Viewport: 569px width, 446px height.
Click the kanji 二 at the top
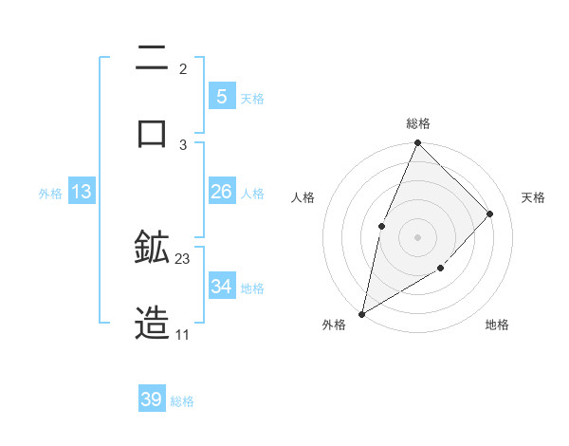(x=152, y=60)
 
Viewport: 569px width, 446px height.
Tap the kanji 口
(x=152, y=132)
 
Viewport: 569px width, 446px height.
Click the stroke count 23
(x=183, y=258)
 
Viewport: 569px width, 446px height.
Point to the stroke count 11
(x=182, y=334)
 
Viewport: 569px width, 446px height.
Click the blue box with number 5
(x=221, y=97)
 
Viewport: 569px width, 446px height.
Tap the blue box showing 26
(x=221, y=192)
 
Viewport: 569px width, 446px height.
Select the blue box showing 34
(x=221, y=287)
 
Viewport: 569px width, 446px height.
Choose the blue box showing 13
(x=82, y=192)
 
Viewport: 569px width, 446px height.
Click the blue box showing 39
(x=152, y=400)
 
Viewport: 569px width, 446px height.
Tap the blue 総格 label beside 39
(x=182, y=401)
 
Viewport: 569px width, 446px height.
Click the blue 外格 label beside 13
(x=50, y=194)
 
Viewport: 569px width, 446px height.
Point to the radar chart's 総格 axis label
(x=417, y=123)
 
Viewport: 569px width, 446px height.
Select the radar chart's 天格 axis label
(x=533, y=197)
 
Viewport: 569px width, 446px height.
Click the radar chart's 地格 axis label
(x=497, y=325)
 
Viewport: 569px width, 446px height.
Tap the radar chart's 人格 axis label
(x=303, y=197)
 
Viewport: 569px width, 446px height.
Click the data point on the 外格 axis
(x=361, y=313)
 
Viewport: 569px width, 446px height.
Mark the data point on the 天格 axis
(x=490, y=214)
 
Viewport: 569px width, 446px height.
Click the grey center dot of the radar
(x=417, y=237)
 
